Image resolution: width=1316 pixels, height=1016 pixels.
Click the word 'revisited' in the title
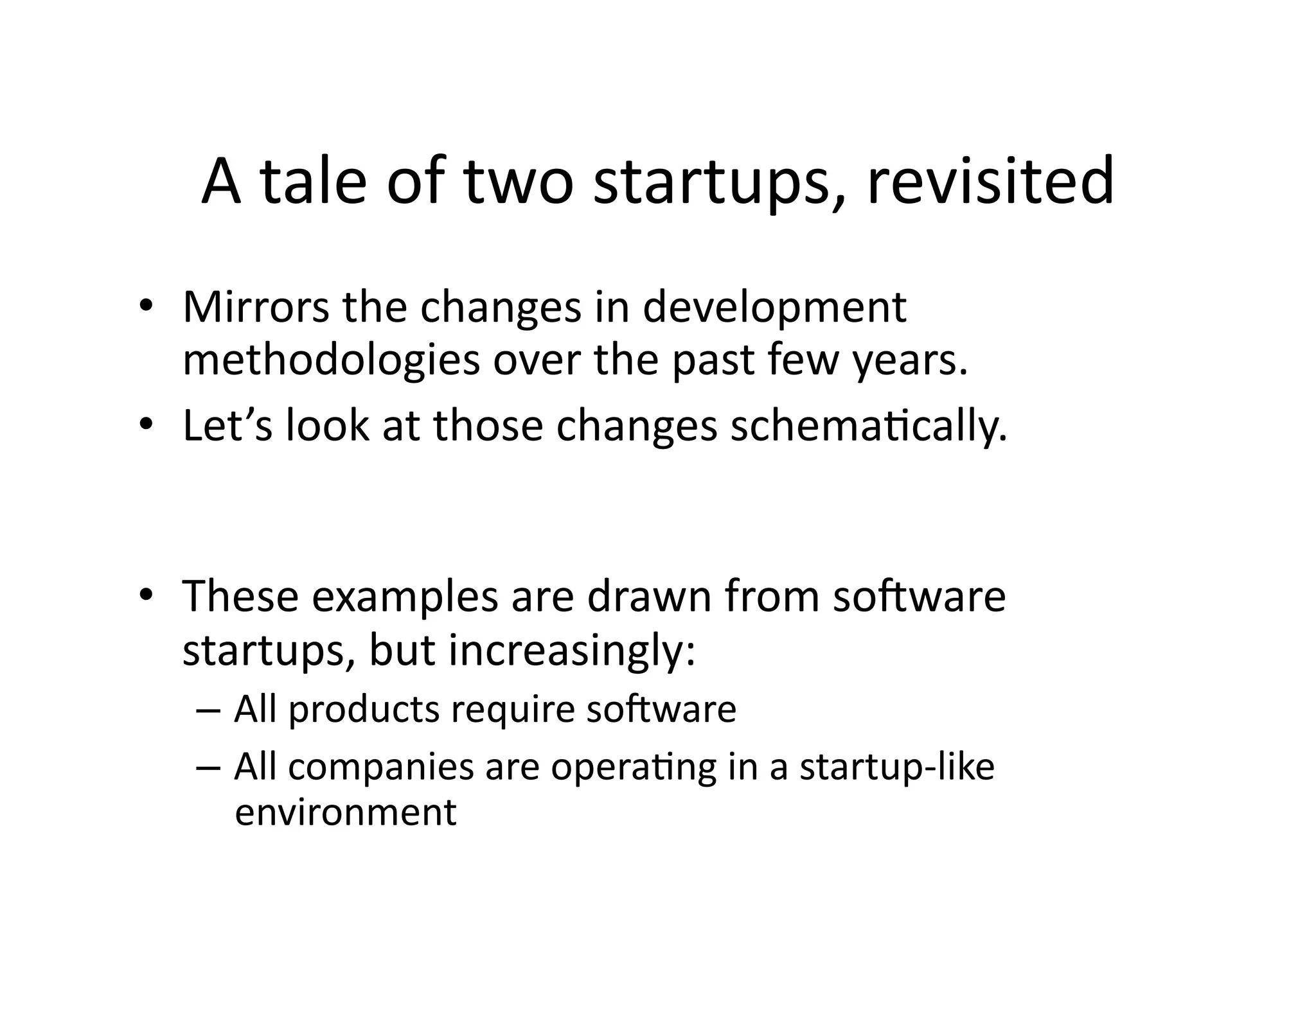pos(990,182)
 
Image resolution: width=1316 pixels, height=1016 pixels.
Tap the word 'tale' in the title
pos(314,182)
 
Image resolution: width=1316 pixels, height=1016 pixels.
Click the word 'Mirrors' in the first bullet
pos(255,307)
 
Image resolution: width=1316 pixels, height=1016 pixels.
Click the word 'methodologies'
pos(331,360)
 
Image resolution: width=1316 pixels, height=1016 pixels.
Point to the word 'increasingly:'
pos(572,651)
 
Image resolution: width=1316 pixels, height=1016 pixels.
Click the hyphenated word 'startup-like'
pos(896,767)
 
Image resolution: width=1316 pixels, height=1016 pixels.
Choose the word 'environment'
pos(346,812)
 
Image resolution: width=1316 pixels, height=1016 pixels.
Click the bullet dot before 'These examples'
pos(147,595)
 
